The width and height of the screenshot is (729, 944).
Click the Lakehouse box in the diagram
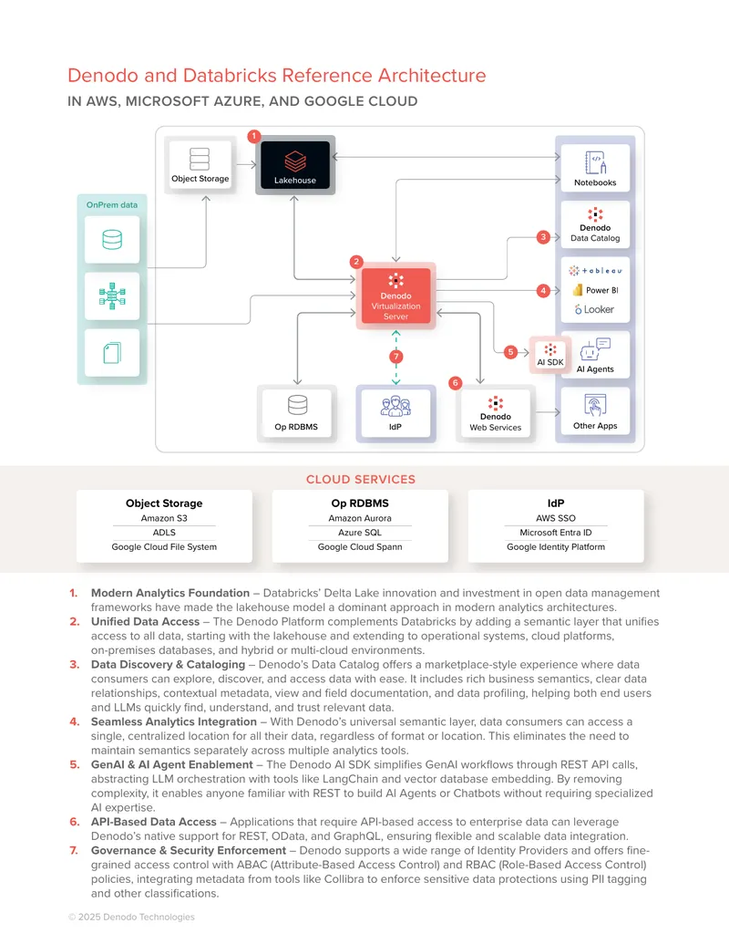[x=294, y=164]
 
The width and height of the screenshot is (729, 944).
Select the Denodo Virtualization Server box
[x=395, y=296]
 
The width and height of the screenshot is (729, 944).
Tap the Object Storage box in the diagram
[x=200, y=164]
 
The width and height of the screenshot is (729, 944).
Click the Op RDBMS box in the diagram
[x=296, y=413]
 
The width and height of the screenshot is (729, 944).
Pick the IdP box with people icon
[x=395, y=413]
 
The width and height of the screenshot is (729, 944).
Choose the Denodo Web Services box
[x=495, y=413]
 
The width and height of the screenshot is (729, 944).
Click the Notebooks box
[x=595, y=168]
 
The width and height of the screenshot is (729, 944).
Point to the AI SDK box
[x=550, y=354]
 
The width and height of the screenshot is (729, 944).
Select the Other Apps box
[x=595, y=411]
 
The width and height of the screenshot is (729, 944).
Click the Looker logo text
[x=594, y=309]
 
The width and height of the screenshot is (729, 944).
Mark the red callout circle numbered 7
[x=395, y=357]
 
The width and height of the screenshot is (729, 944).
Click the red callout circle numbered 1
[x=254, y=136]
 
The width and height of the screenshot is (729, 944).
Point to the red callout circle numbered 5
[x=510, y=351]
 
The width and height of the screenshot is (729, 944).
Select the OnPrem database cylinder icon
[x=112, y=240]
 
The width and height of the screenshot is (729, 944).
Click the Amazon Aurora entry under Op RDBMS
[x=360, y=518]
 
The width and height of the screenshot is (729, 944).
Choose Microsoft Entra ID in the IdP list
[x=556, y=533]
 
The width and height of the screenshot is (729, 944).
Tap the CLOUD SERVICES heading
[x=360, y=479]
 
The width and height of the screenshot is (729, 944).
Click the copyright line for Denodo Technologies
[x=131, y=917]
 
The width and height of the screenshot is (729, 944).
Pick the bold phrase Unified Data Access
[x=145, y=621]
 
